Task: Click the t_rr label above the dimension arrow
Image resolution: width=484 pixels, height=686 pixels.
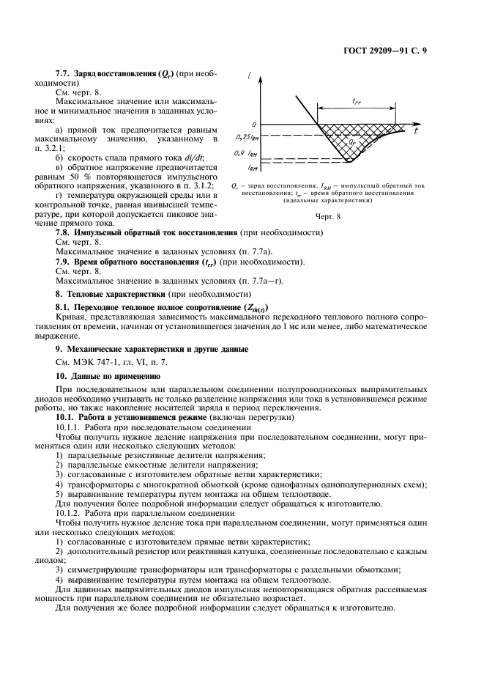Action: click(356, 102)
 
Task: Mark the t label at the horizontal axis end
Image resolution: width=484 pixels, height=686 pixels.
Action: click(414, 132)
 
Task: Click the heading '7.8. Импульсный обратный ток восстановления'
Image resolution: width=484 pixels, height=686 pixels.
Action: click(146, 232)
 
